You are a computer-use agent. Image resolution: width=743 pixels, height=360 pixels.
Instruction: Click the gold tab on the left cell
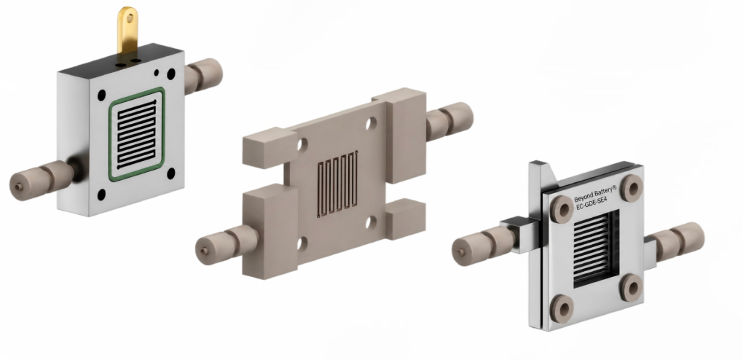(x=127, y=31)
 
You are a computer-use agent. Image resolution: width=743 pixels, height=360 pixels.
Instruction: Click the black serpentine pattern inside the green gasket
(x=136, y=134)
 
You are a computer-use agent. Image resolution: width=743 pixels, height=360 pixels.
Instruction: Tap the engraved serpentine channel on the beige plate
(x=337, y=183)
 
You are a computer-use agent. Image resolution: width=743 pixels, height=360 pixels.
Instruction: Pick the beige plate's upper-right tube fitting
(x=449, y=120)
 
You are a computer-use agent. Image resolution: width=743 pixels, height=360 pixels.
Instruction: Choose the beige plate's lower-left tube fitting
(x=226, y=243)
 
